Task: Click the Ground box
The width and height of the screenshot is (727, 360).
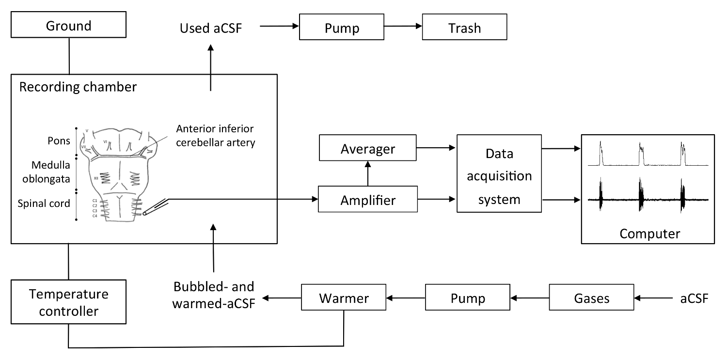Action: point(69,26)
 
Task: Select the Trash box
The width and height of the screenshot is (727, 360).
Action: point(464,28)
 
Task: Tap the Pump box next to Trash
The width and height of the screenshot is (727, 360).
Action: point(342,28)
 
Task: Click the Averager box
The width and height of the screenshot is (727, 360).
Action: point(368,148)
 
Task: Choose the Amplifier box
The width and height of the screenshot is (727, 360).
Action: point(368,199)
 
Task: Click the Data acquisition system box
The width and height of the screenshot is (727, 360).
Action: point(499,175)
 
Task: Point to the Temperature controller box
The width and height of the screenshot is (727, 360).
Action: point(68,302)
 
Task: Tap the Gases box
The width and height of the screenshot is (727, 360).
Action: point(591,297)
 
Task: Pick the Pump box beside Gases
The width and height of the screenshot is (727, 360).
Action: point(468,297)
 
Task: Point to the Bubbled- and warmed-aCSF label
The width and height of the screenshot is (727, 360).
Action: point(214,297)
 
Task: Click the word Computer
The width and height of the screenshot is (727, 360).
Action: point(649,234)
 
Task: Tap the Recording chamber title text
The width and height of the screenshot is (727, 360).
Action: point(78,87)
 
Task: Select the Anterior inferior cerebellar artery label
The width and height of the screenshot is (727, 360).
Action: point(215,136)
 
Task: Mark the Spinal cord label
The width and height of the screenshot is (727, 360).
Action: point(44,203)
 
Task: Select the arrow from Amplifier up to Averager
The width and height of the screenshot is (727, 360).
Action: point(368,174)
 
